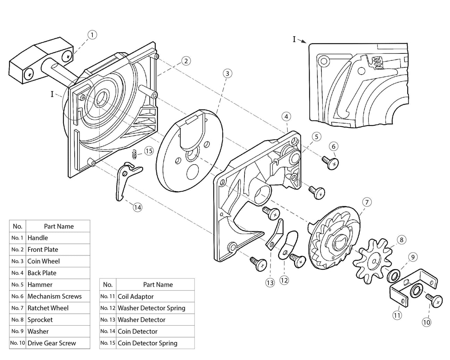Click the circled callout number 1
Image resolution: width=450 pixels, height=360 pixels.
pyautogui.click(x=92, y=35)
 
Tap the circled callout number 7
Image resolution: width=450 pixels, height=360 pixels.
pyautogui.click(x=367, y=202)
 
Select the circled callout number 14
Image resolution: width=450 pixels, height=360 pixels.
pyautogui.click(x=138, y=207)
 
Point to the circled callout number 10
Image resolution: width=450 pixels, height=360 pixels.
pyautogui.click(x=426, y=322)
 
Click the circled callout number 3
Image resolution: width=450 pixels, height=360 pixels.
pyautogui.click(x=227, y=74)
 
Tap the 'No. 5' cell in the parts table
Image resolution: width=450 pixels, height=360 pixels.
pyautogui.click(x=17, y=285)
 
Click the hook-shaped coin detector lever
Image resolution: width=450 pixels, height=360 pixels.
pyautogui.click(x=124, y=181)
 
